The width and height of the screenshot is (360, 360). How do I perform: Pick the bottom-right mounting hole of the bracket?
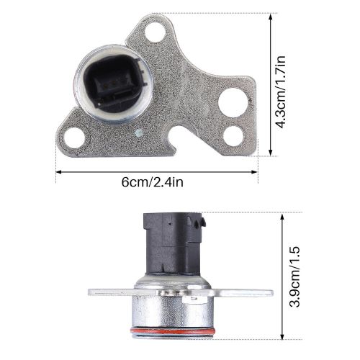click(232, 134)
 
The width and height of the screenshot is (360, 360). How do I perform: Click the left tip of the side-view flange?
click(90, 292)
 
